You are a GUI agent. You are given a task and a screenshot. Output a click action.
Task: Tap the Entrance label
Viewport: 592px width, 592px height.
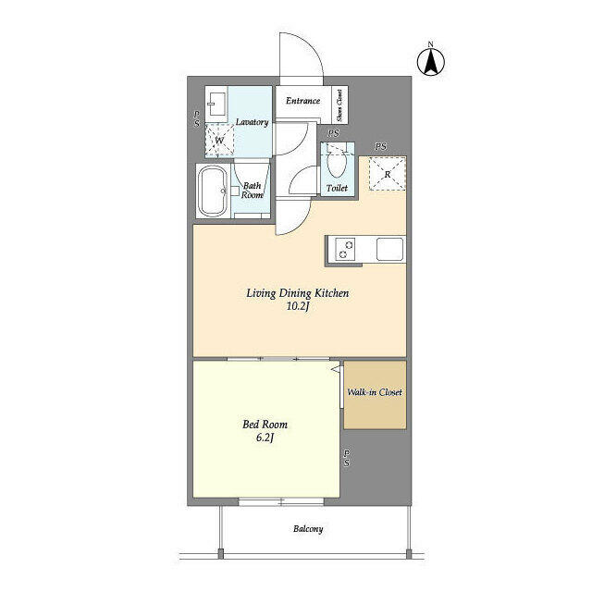click(302, 101)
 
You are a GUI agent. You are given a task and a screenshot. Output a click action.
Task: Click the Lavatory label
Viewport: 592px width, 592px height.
click(252, 122)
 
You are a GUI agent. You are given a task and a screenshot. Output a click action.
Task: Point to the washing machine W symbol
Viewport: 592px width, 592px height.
click(219, 141)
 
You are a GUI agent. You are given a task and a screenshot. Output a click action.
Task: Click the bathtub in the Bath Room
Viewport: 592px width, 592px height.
click(213, 191)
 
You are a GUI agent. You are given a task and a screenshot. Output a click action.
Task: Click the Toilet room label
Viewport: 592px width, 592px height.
click(337, 189)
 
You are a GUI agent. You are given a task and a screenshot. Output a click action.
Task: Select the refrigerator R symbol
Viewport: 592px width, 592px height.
click(387, 174)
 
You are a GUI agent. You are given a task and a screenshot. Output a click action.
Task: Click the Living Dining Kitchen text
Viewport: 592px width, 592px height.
click(296, 293)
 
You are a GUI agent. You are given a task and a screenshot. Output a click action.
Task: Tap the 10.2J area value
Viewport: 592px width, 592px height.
click(296, 307)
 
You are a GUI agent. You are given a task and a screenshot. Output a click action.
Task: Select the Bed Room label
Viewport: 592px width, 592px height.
click(261, 425)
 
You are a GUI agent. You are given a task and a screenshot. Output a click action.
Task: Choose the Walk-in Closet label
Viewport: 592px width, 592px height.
click(374, 392)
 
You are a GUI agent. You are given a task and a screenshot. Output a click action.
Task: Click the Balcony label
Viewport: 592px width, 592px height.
click(308, 529)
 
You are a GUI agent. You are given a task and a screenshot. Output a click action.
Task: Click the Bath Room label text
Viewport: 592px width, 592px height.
click(253, 190)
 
